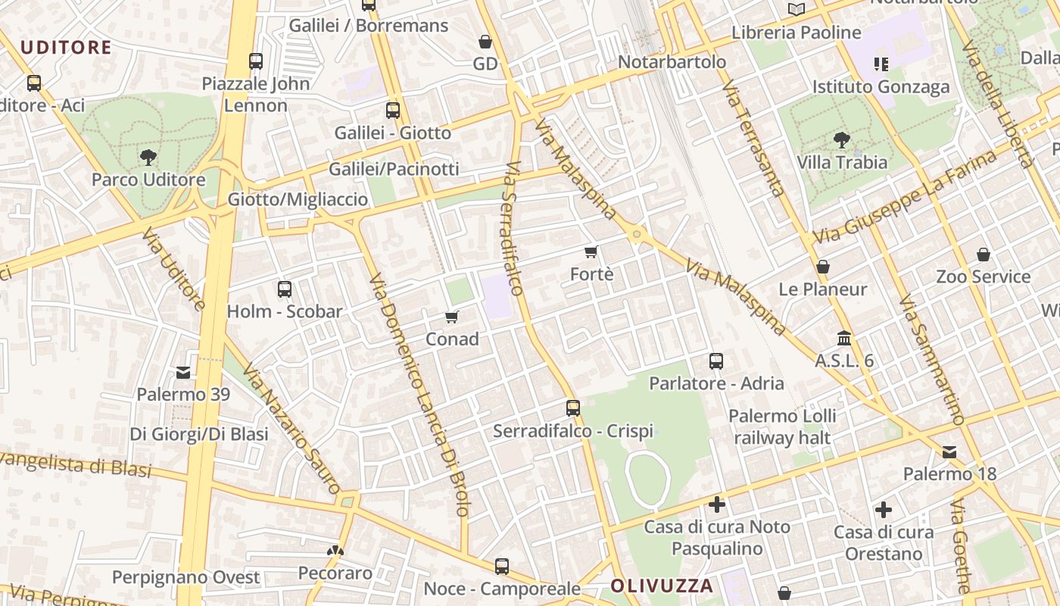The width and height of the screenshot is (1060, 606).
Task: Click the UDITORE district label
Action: pyautogui.click(x=66, y=48)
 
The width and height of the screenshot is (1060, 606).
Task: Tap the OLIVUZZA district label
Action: pyautogui.click(x=662, y=586)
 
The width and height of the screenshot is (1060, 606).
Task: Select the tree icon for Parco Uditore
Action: pyautogui.click(x=148, y=158)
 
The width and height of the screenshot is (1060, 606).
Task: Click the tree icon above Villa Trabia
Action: pyautogui.click(x=841, y=140)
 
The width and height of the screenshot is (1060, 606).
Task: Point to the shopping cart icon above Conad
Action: pyautogui.click(x=452, y=317)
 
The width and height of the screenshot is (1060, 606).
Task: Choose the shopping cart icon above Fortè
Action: pyautogui.click(x=591, y=251)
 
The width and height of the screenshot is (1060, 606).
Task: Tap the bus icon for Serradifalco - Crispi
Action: pyautogui.click(x=573, y=408)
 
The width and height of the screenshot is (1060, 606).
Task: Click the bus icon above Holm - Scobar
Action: pyautogui.click(x=285, y=289)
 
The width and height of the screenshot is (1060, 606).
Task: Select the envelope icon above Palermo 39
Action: pyautogui.click(x=183, y=372)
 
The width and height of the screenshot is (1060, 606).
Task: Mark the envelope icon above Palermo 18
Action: pyautogui.click(x=949, y=452)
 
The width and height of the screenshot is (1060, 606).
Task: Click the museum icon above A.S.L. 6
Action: pyautogui.click(x=844, y=339)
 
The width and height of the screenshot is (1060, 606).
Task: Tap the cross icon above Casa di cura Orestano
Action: pyautogui.click(x=883, y=510)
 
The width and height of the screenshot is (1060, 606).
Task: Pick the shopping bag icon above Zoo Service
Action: pyautogui.click(x=983, y=255)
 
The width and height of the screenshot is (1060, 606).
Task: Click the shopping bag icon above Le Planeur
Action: pyautogui.click(x=823, y=267)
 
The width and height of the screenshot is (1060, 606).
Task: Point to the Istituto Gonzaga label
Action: pyautogui.click(x=881, y=86)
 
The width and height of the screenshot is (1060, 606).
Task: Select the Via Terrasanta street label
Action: pyautogui.click(x=753, y=140)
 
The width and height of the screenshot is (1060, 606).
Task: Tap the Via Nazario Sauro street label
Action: pyautogui.click(x=291, y=429)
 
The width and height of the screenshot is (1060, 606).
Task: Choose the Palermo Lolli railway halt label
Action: pyautogui.click(x=782, y=426)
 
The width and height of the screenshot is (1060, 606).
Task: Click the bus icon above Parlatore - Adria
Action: pyautogui.click(x=716, y=361)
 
